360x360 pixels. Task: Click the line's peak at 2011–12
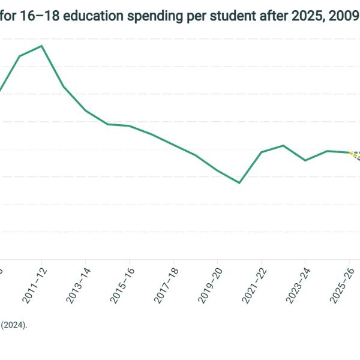(x=41, y=46)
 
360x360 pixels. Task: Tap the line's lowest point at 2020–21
(x=239, y=182)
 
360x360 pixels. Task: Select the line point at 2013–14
(x=85, y=110)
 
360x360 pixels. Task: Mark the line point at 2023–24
(x=305, y=160)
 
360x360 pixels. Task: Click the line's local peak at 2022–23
(x=283, y=145)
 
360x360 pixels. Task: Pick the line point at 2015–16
(x=130, y=126)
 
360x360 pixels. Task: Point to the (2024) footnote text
(x=14, y=325)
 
